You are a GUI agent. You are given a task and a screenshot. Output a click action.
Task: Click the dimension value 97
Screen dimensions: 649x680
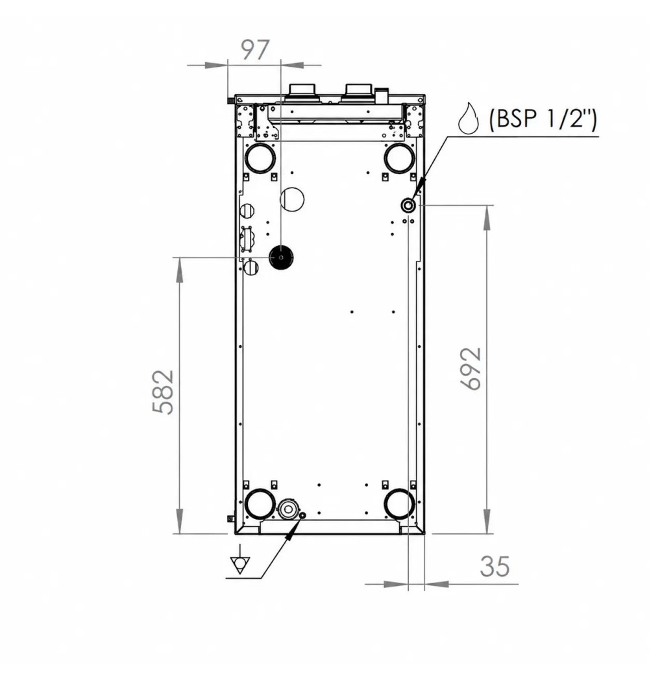(255, 50)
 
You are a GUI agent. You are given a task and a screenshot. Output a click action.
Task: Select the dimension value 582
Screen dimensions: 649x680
(164, 392)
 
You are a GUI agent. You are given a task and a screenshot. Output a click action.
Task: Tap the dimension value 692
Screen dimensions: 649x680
(471, 369)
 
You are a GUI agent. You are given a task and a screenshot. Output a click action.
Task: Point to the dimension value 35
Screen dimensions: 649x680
(495, 566)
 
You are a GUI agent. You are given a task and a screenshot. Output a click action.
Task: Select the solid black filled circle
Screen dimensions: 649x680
(281, 258)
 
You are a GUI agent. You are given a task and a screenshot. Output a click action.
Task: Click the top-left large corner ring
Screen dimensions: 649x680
(260, 158)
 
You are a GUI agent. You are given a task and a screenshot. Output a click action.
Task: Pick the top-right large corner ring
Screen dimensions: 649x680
(399, 158)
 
